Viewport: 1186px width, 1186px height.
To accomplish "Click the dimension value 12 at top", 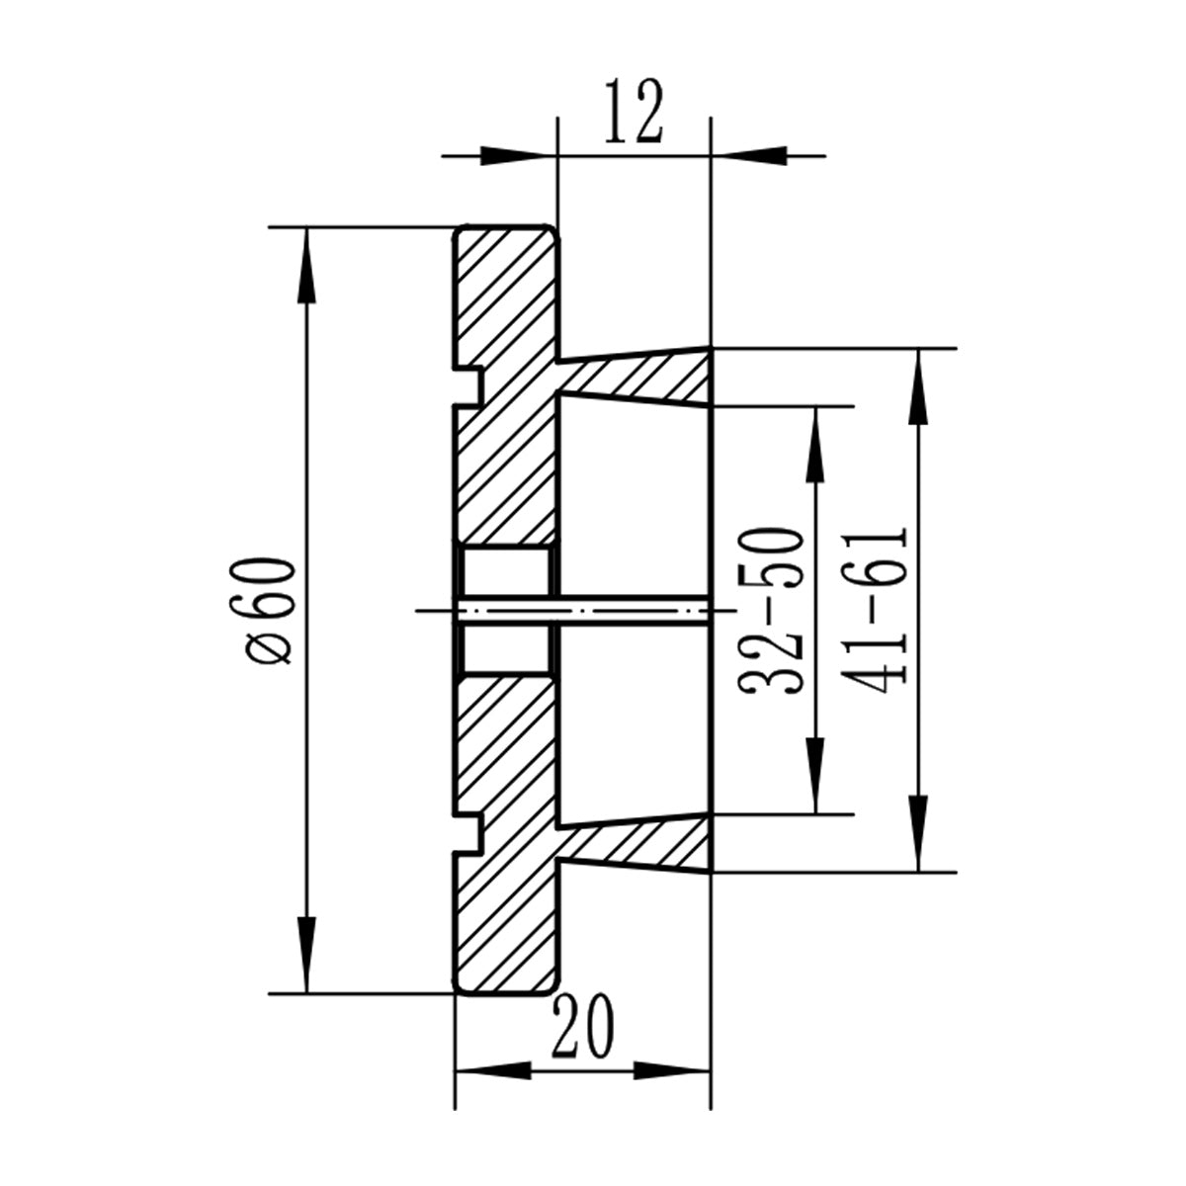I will point(633,116).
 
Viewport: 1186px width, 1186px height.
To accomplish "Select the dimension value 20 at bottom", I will point(584,1027).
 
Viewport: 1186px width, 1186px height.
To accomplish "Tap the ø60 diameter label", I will point(270,610).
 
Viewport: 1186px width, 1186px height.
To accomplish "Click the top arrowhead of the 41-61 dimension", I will point(920,385).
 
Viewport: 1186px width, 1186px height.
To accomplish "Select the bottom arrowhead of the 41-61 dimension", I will point(920,834).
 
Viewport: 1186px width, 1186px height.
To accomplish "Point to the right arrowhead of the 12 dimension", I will point(750,155).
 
